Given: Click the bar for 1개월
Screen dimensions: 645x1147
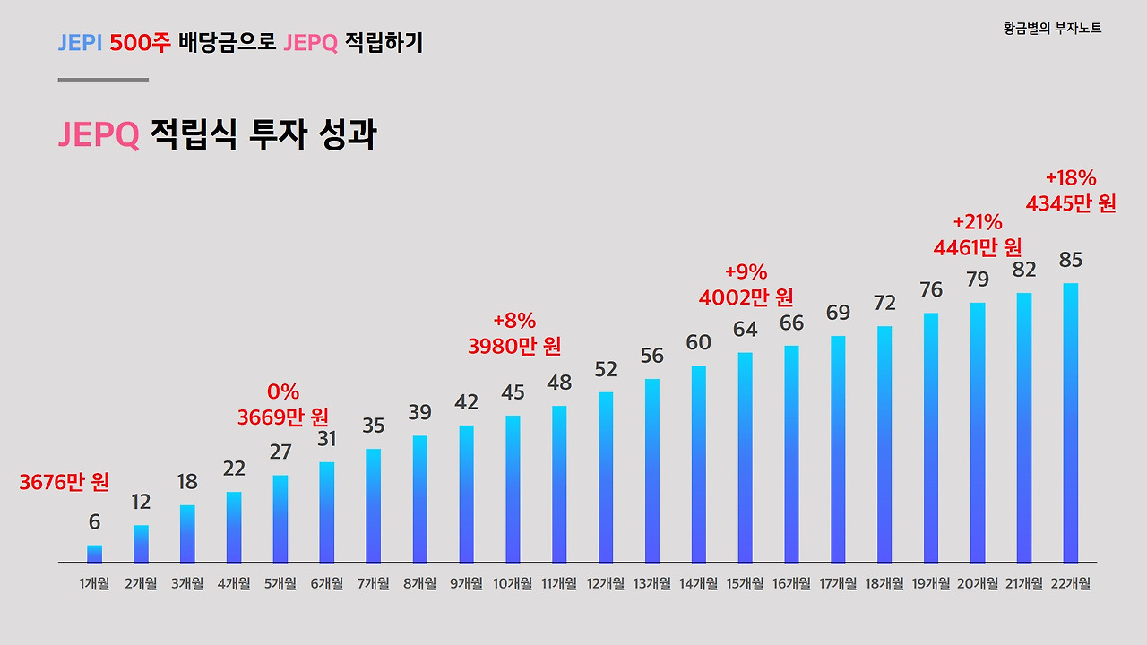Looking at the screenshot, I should click(94, 554).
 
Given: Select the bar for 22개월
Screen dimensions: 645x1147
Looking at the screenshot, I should click(1070, 423).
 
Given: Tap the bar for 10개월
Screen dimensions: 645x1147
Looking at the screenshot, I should click(513, 489).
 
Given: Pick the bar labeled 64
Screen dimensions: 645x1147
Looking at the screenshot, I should click(746, 457).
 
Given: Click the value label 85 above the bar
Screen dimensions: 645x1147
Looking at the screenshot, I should click(1070, 261).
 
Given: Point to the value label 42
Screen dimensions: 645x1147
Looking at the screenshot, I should click(466, 402).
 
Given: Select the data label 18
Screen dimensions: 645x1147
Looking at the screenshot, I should click(187, 482).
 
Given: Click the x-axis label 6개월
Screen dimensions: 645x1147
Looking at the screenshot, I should click(327, 584).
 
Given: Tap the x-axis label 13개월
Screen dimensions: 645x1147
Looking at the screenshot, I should click(651, 584).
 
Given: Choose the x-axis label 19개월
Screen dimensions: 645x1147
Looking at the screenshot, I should click(931, 584).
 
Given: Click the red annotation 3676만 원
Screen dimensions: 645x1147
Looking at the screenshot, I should click(65, 483).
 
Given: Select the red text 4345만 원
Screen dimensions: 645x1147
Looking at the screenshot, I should click(1071, 204).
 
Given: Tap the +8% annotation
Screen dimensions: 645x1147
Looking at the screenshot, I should click(514, 321).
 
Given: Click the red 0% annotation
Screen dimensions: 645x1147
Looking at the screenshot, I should click(283, 391).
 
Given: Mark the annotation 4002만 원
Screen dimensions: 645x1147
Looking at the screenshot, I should click(746, 297).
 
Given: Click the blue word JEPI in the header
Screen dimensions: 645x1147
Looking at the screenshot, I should click(80, 42).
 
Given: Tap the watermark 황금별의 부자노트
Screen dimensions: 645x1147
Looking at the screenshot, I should click(1053, 29).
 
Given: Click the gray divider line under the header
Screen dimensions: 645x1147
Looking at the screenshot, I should click(103, 80).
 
